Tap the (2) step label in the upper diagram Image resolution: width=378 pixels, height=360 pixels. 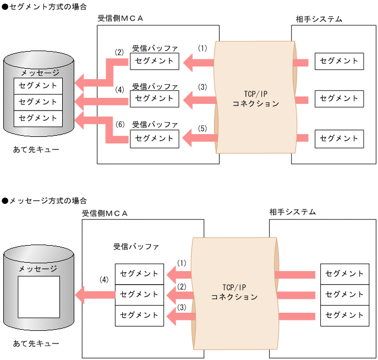119,53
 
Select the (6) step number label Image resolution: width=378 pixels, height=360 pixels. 121,125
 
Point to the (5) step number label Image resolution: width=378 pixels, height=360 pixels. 202,129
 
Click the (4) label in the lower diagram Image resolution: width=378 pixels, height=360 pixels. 104,280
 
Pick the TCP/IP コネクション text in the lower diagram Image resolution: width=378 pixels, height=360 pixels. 234,292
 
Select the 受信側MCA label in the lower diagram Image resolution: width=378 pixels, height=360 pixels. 105,213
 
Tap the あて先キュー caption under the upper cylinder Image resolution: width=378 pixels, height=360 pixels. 37,149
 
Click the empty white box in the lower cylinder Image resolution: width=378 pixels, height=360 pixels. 39,297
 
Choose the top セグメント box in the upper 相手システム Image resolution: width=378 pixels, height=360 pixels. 339,61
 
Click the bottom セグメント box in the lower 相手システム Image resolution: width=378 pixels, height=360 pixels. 344,315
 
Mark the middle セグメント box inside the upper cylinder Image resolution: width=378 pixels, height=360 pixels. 38,102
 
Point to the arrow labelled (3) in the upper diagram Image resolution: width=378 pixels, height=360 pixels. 198,100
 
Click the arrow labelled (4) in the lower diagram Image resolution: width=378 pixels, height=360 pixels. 94,295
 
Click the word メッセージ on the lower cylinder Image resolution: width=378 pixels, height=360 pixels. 38,269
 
